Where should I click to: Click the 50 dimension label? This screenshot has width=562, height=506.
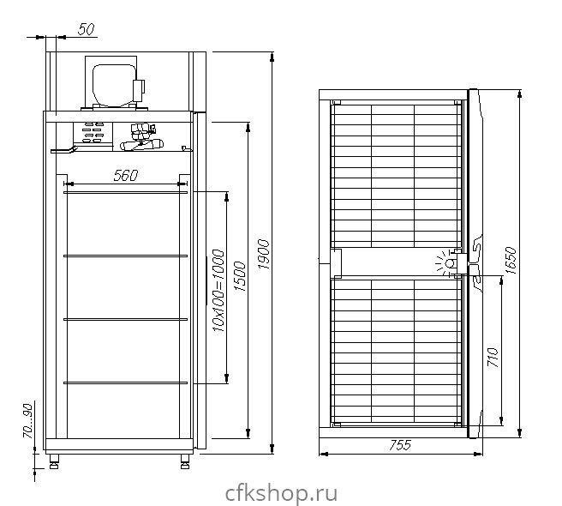[87, 29]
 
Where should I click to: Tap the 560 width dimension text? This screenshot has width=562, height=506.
[125, 176]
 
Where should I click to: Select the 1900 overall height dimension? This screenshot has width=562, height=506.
[264, 254]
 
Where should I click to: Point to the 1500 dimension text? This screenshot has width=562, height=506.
[240, 277]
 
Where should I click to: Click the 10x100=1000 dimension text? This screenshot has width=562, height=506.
[218, 291]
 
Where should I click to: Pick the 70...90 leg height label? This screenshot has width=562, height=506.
[27, 421]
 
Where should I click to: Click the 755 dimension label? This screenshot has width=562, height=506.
[400, 445]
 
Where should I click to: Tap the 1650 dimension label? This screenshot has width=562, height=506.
[511, 260]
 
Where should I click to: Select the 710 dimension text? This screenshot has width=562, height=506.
[493, 357]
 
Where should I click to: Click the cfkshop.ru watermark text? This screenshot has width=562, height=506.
[281, 493]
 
